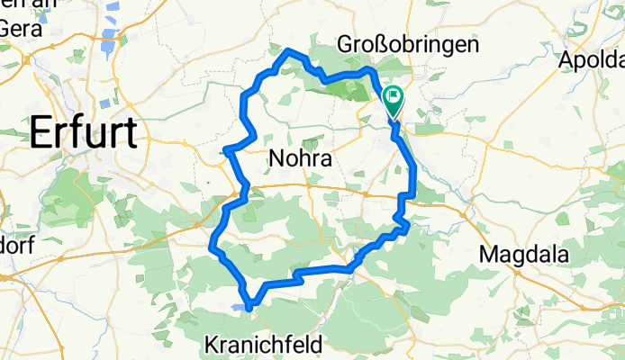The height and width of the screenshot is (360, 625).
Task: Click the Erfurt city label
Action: point(84,134)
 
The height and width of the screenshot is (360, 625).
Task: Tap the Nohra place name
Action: point(301,160)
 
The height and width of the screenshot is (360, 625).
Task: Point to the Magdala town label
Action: point(524,255)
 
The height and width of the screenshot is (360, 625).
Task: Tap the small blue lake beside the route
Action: point(236,307)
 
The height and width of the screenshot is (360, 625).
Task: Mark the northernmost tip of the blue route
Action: point(289,50)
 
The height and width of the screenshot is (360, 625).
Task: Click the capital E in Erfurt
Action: point(41,134)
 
